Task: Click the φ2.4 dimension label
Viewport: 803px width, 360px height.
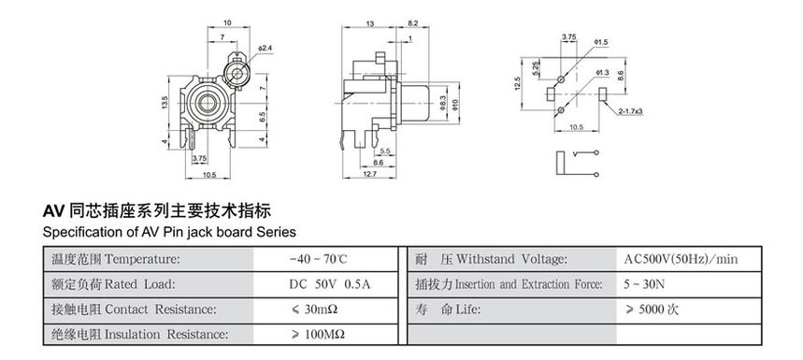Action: [x=265, y=48]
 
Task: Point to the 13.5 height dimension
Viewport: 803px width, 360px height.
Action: [x=165, y=103]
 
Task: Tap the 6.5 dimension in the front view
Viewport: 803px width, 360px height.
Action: [x=262, y=117]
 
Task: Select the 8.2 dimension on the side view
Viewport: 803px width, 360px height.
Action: [x=412, y=23]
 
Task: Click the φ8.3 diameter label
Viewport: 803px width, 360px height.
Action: [x=443, y=104]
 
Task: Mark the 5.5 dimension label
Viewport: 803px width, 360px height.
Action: [x=385, y=151]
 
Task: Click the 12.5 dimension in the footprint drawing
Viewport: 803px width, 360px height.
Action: [x=517, y=83]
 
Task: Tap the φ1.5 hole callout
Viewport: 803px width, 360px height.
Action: [x=601, y=42]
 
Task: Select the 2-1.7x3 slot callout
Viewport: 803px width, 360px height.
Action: [x=630, y=111]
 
